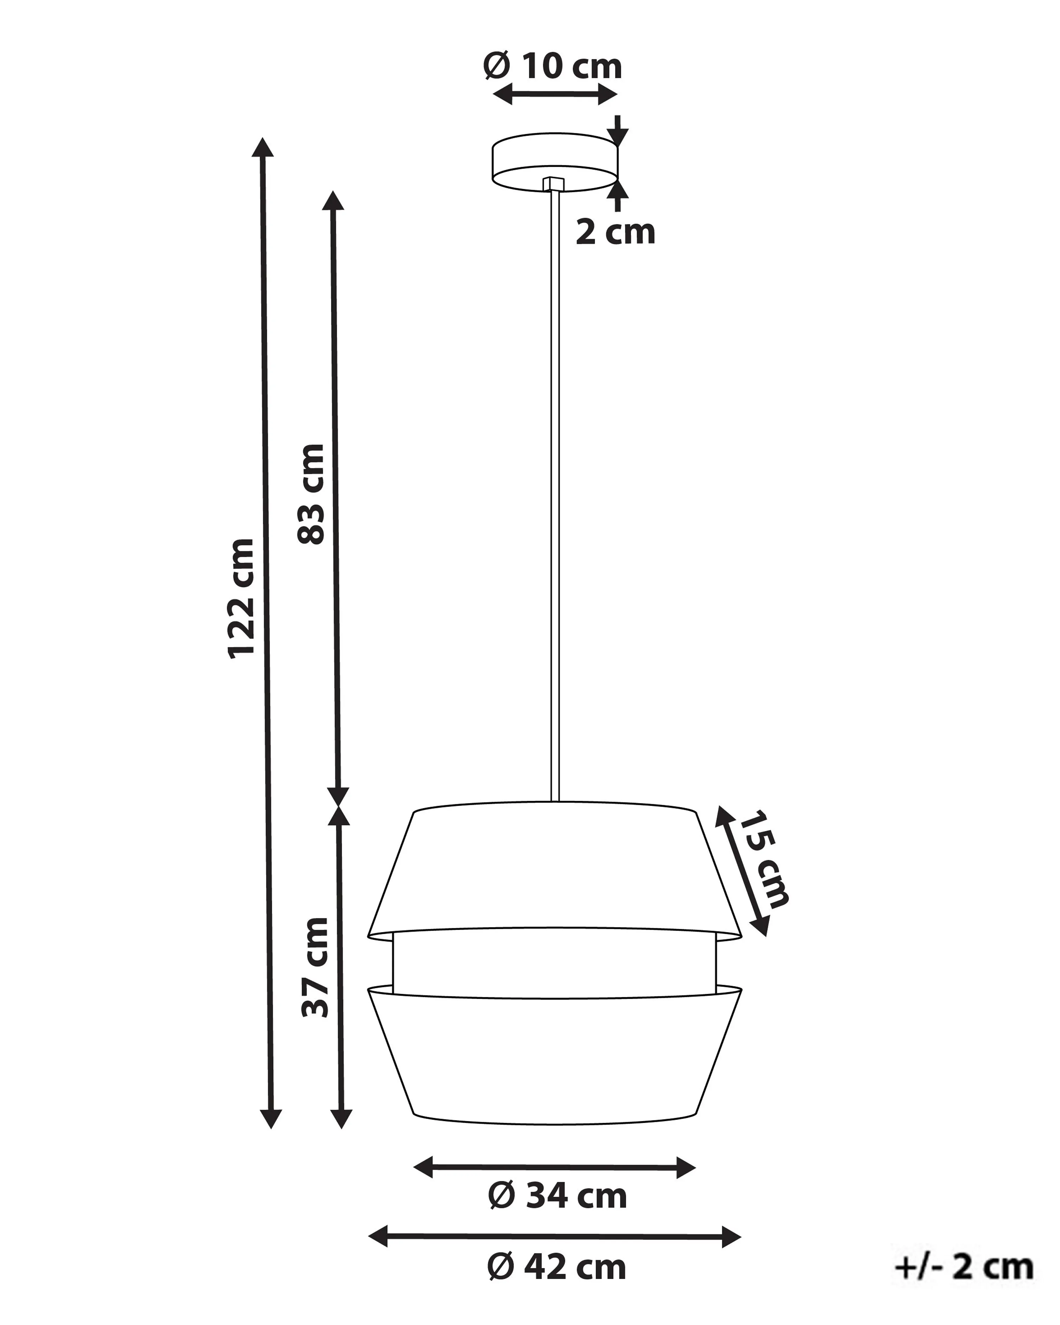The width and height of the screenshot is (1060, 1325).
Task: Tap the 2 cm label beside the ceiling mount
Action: [x=615, y=232]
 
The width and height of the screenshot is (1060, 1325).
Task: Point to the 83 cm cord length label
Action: [x=311, y=494]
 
